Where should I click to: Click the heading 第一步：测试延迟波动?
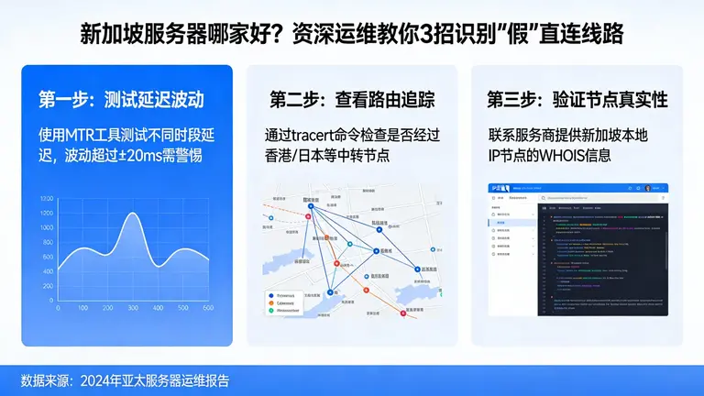click(121, 98)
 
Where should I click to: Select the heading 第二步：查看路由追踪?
click(352, 98)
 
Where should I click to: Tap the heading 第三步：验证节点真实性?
click(577, 98)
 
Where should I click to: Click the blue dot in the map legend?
click(272, 295)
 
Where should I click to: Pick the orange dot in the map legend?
click(272, 303)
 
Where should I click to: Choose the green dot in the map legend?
click(272, 312)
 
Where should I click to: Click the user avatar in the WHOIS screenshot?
click(647, 188)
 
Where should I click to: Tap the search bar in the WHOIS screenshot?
click(568, 188)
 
